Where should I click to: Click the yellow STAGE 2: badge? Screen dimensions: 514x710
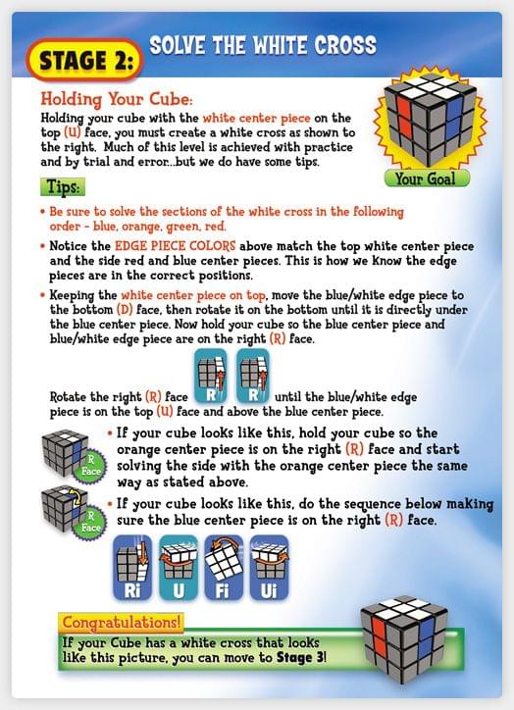pyautogui.click(x=84, y=60)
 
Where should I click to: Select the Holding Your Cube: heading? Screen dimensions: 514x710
pyautogui.click(x=117, y=99)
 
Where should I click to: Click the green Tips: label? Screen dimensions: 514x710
pyautogui.click(x=63, y=186)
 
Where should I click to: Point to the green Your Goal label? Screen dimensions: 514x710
pyautogui.click(x=426, y=178)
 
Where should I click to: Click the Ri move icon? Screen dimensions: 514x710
pyautogui.click(x=132, y=568)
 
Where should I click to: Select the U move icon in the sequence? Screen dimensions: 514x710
pyautogui.click(x=179, y=568)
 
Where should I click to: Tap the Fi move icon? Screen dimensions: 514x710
pyautogui.click(x=224, y=568)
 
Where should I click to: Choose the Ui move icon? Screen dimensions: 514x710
pyautogui.click(x=269, y=568)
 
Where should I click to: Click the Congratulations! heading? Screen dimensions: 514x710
pyautogui.click(x=121, y=622)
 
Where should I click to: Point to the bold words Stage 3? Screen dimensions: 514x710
pyautogui.click(x=300, y=657)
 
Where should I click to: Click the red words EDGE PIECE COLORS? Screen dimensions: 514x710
pyautogui.click(x=175, y=246)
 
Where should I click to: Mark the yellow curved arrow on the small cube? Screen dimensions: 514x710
pyautogui.click(x=77, y=498)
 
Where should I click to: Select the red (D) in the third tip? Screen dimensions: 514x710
pyautogui.click(x=124, y=310)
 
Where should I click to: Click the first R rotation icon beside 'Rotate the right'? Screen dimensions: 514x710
pyautogui.click(x=211, y=376)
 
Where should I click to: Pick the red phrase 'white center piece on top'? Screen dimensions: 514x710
pyautogui.click(x=193, y=295)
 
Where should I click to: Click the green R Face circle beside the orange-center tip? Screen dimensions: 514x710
pyautogui.click(x=90, y=466)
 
